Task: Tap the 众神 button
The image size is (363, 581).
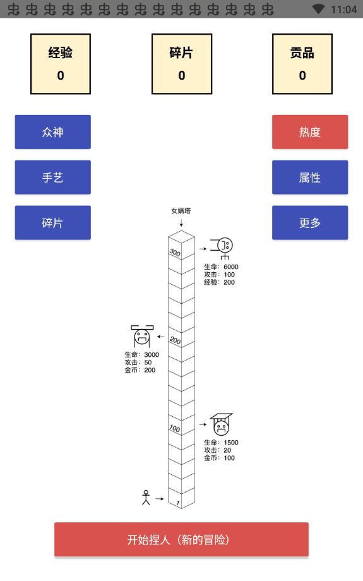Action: [52, 132]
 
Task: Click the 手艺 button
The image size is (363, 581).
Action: [52, 177]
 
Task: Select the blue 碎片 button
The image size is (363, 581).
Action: [52, 223]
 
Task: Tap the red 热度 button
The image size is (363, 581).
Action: [310, 132]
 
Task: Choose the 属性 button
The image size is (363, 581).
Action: [310, 177]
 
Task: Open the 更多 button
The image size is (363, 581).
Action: [310, 223]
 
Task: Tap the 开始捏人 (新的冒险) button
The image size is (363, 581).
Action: [181, 539]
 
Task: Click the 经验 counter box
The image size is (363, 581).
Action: [61, 64]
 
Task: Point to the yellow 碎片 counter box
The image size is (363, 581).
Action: [182, 64]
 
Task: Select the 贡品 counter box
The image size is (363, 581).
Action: [302, 64]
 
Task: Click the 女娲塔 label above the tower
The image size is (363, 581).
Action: [181, 211]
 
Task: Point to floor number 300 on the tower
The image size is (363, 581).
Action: [175, 253]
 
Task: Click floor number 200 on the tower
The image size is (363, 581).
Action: [175, 340]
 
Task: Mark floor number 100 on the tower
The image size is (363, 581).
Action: [175, 428]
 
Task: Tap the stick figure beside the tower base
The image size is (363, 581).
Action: [146, 497]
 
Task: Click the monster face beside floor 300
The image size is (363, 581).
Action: [223, 248]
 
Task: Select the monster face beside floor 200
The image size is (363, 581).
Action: [142, 336]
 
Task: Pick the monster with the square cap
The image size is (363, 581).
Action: [221, 424]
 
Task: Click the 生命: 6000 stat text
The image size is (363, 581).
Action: [221, 267]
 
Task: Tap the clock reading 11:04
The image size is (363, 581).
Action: [343, 9]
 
